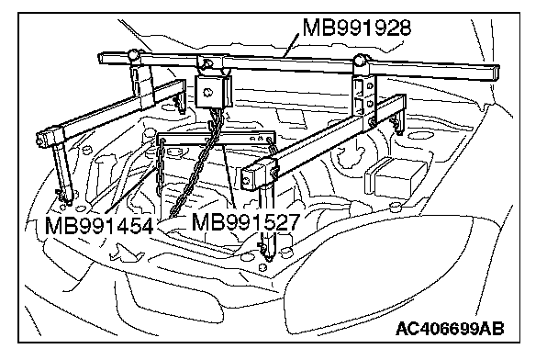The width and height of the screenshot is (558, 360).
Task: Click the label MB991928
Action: click(357, 28)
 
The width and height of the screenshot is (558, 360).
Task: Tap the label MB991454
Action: click(99, 225)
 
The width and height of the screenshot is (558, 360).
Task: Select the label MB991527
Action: click(246, 222)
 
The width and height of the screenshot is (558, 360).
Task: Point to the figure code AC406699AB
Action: click(450, 329)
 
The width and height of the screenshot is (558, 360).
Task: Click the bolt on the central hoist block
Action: click(207, 93)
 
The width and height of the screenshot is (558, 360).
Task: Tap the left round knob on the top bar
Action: click(133, 55)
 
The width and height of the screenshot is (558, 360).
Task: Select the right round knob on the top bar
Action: click(361, 60)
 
